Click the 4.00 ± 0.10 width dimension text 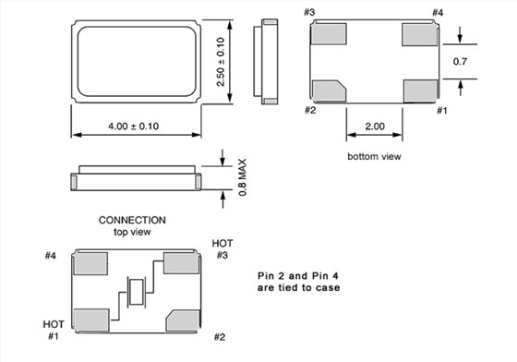pyautogui.click(x=134, y=127)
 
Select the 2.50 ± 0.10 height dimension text pyautogui.click(x=221, y=62)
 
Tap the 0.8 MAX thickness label pyautogui.click(x=242, y=177)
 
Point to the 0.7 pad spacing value pyautogui.click(x=460, y=61)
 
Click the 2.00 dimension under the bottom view pyautogui.click(x=375, y=127)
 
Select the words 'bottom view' pyautogui.click(x=374, y=156)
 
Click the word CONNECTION pyautogui.click(x=132, y=220)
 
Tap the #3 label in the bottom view pyautogui.click(x=309, y=12)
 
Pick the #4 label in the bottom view pyautogui.click(x=438, y=13)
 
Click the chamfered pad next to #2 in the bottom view pyautogui.click(x=329, y=90)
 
